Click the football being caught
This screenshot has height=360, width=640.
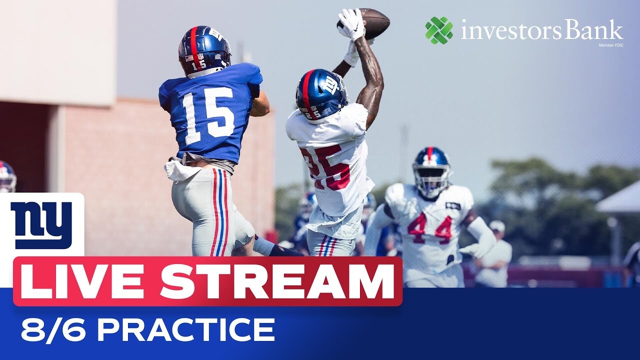(372, 23)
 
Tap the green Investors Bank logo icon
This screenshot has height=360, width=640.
(439, 30)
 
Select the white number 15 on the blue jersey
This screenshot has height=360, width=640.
(207, 115)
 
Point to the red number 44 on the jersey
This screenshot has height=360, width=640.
(429, 228)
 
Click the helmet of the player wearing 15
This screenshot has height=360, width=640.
(204, 50)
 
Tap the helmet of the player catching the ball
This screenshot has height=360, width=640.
(321, 93)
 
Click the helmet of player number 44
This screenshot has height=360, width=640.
(431, 170)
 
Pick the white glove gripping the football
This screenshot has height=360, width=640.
(352, 24)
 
